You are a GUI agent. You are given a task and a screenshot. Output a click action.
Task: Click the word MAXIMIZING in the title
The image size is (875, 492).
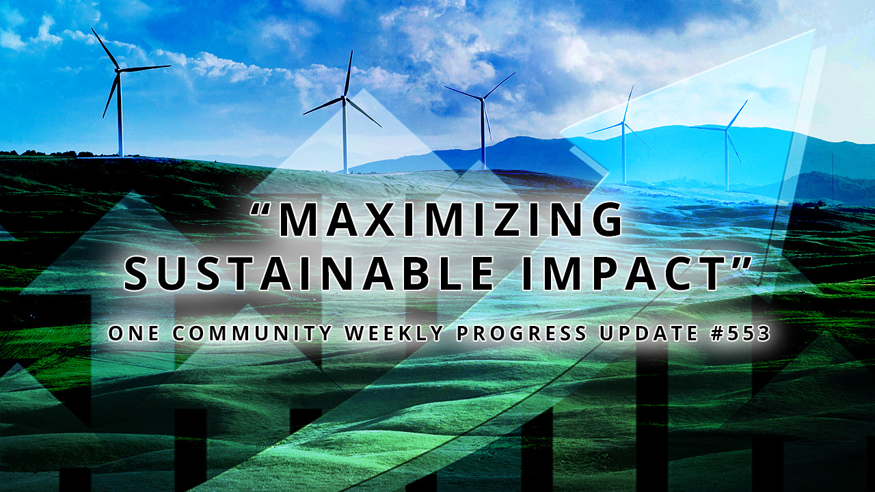tap(451, 220)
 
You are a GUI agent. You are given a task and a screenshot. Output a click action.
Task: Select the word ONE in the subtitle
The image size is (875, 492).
tap(136, 333)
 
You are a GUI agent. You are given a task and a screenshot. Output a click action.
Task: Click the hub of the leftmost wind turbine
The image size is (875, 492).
tap(119, 70)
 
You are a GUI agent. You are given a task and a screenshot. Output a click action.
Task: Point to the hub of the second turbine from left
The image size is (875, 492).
tap(345, 97)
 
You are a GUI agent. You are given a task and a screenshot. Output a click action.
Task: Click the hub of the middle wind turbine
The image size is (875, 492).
tap(482, 100)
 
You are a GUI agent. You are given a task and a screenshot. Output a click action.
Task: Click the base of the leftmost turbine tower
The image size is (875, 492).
tap(120, 156)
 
